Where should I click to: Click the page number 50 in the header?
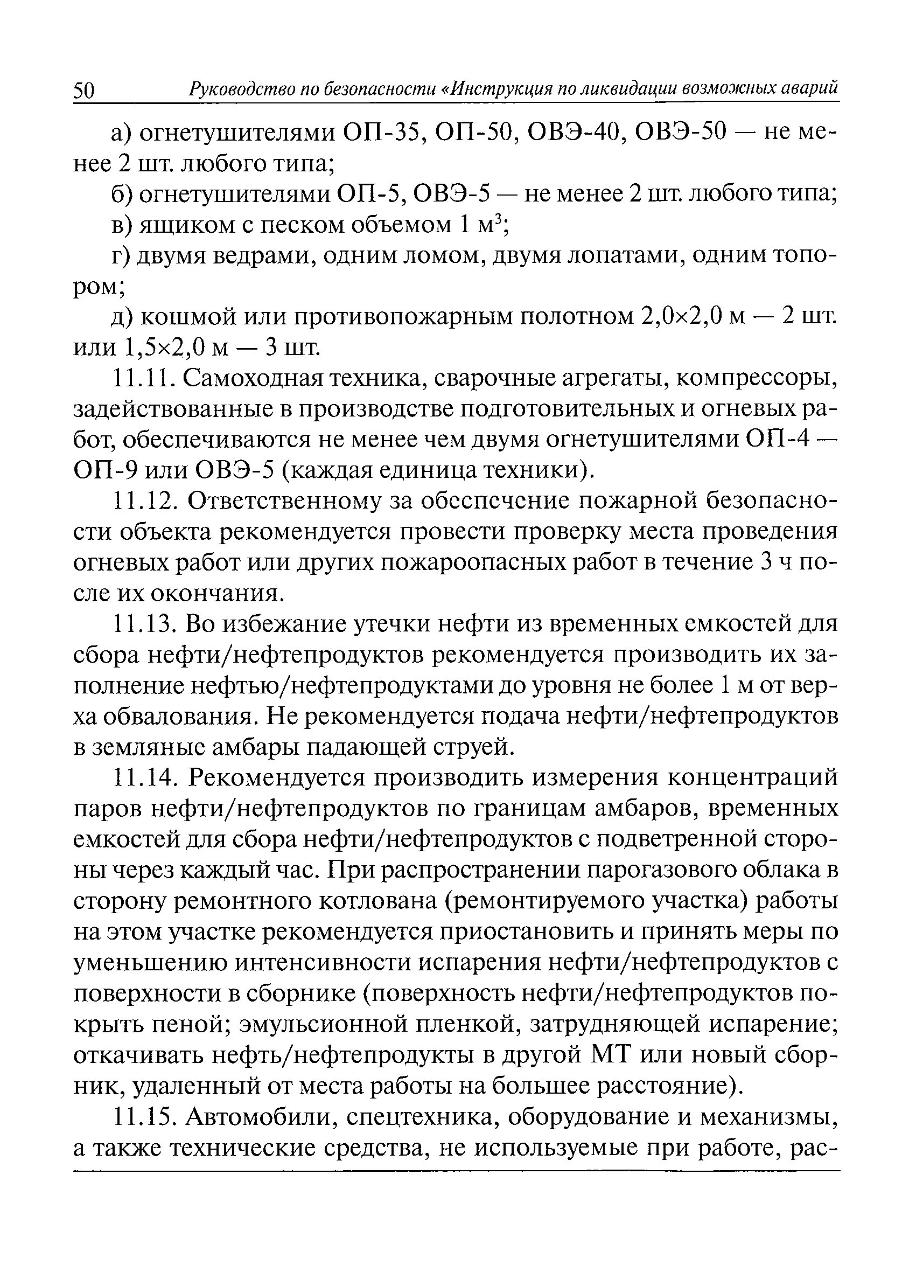pyautogui.click(x=85, y=91)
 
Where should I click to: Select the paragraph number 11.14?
pyautogui.click(x=145, y=778)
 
